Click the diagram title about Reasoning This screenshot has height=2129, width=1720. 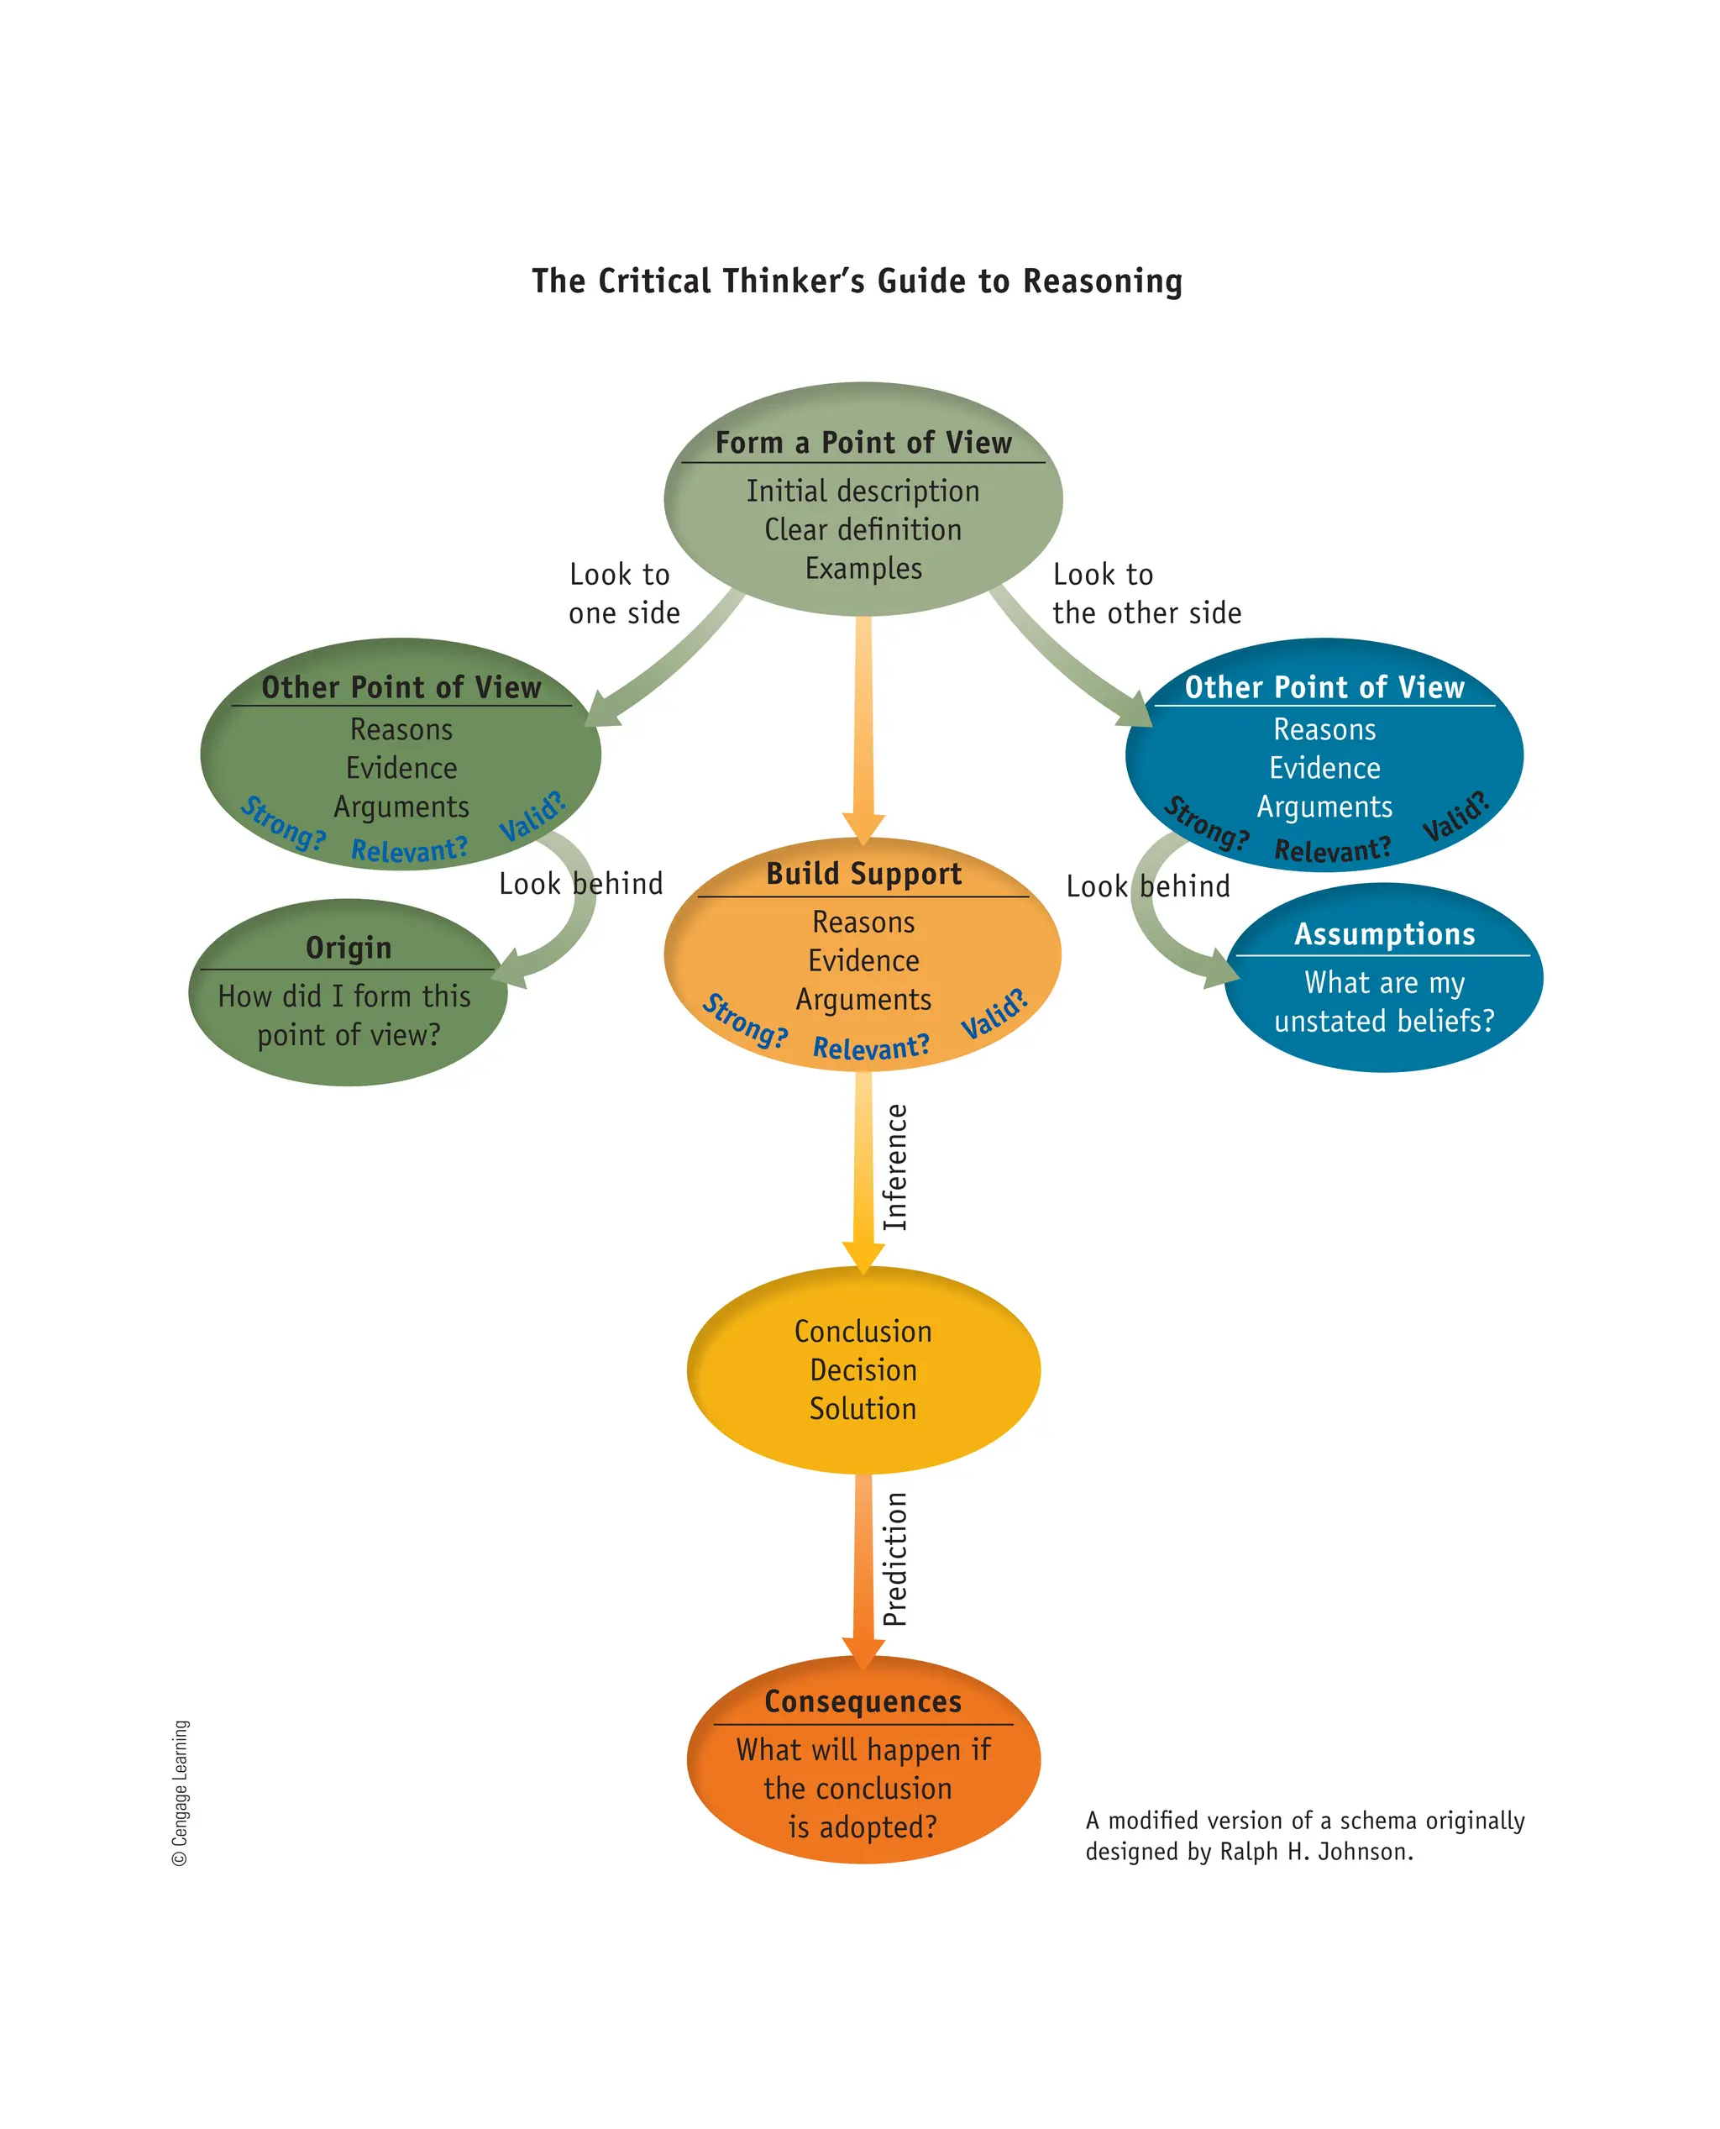coord(857,281)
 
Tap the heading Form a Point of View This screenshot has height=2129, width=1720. coord(863,442)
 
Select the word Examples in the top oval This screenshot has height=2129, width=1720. coord(863,568)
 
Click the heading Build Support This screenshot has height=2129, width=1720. coord(863,873)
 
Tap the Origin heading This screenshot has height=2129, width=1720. coord(348,948)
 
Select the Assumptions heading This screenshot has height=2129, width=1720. coord(1383,933)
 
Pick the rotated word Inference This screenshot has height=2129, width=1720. coord(894,1167)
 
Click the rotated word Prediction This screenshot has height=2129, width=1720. coord(894,1559)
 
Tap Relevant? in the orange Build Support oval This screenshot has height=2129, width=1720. coord(871,1047)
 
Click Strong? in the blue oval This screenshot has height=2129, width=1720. coord(1205,823)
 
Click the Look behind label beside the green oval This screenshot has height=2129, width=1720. coord(580,883)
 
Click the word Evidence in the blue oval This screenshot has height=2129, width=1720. coord(1324,768)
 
